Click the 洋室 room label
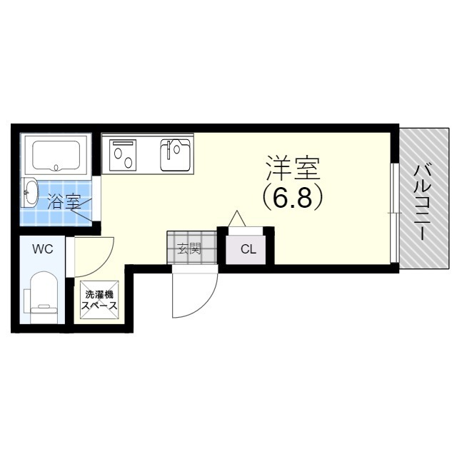tap(293, 169)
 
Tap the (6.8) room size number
tap(293, 197)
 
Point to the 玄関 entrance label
tap(189, 248)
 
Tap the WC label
tap(42, 249)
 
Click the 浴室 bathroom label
tap(64, 201)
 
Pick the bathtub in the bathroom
tap(56, 154)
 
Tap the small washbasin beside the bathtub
tap(31, 191)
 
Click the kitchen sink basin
tap(175, 154)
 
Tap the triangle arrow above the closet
tap(236, 218)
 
